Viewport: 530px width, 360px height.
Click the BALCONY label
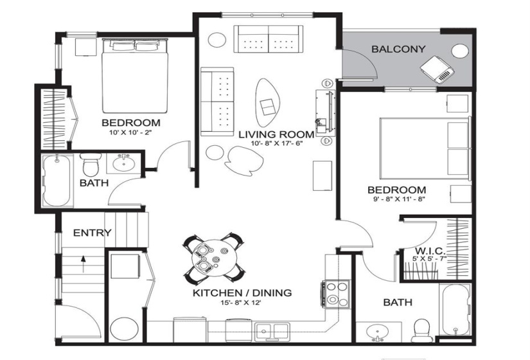coord(396,49)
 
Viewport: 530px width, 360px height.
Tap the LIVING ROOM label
coord(277,134)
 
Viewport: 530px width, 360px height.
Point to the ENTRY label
coord(92,233)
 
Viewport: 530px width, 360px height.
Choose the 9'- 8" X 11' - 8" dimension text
coord(396,199)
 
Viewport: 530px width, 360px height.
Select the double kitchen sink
coord(272,332)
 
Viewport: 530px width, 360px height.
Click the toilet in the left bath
coord(89,165)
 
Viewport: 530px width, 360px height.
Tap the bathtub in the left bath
coord(57,181)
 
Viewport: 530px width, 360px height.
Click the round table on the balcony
coord(461,51)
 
